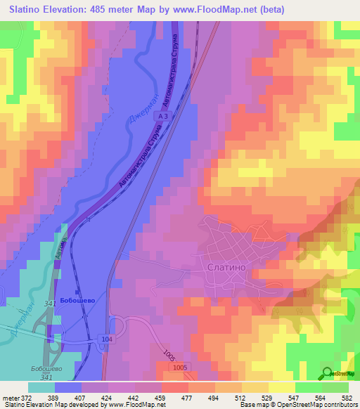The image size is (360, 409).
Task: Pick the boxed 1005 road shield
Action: pyautogui.click(x=180, y=367)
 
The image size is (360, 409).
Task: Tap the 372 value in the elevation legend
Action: pyautogui.click(x=25, y=397)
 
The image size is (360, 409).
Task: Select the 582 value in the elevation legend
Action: pyautogui.click(x=347, y=397)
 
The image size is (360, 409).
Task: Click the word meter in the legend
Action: pyautogui.click(x=8, y=397)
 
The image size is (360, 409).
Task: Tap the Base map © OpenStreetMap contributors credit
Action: pyautogui.click(x=295, y=405)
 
